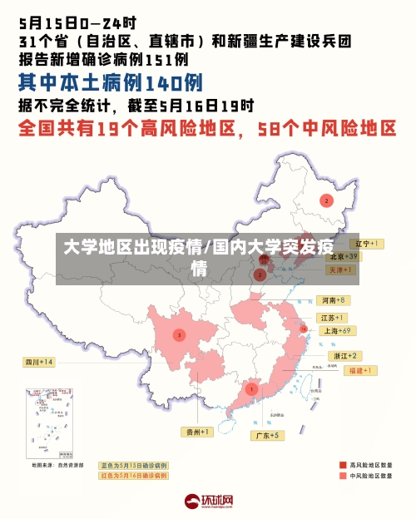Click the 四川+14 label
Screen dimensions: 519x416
click(x=38, y=362)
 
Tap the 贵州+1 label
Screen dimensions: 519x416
click(x=197, y=432)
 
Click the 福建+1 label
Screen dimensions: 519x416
click(x=362, y=370)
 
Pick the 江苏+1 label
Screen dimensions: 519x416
click(x=332, y=318)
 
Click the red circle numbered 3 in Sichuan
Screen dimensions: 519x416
click(x=178, y=334)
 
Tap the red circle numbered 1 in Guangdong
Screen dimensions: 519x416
click(x=251, y=388)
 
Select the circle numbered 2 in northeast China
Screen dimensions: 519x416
click(x=327, y=200)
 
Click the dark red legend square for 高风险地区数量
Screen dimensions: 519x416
click(x=343, y=464)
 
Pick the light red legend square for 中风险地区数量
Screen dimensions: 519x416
click(x=343, y=476)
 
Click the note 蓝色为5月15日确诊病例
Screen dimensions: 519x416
click(x=134, y=465)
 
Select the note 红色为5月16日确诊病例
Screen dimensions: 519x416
click(x=134, y=476)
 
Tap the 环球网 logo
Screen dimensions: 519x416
click(x=208, y=501)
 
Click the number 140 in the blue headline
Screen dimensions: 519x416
click(x=163, y=82)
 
